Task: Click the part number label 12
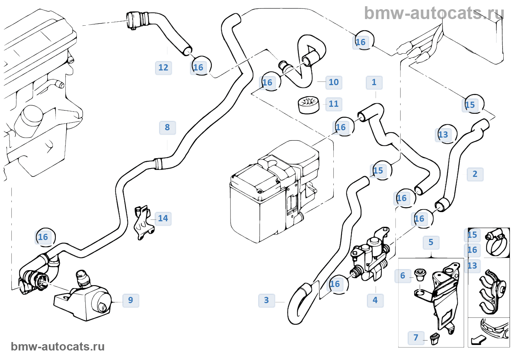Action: point(163,68)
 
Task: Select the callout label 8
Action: point(167,128)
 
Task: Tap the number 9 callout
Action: point(131,300)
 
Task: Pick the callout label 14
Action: point(163,219)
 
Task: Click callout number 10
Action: point(334,83)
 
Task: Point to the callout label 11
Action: point(334,104)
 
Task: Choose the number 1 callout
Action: point(374,83)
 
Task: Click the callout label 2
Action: point(475,174)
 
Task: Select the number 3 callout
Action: point(267,301)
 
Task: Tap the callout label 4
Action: point(375,301)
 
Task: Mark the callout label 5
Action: point(431,243)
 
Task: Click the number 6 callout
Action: point(403,276)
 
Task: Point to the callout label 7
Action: point(416,338)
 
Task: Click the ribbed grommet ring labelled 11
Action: point(308,105)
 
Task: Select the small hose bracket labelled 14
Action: point(144,222)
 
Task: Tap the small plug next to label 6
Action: point(420,274)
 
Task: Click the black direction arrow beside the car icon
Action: point(478,340)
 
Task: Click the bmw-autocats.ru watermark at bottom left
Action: point(58,347)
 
